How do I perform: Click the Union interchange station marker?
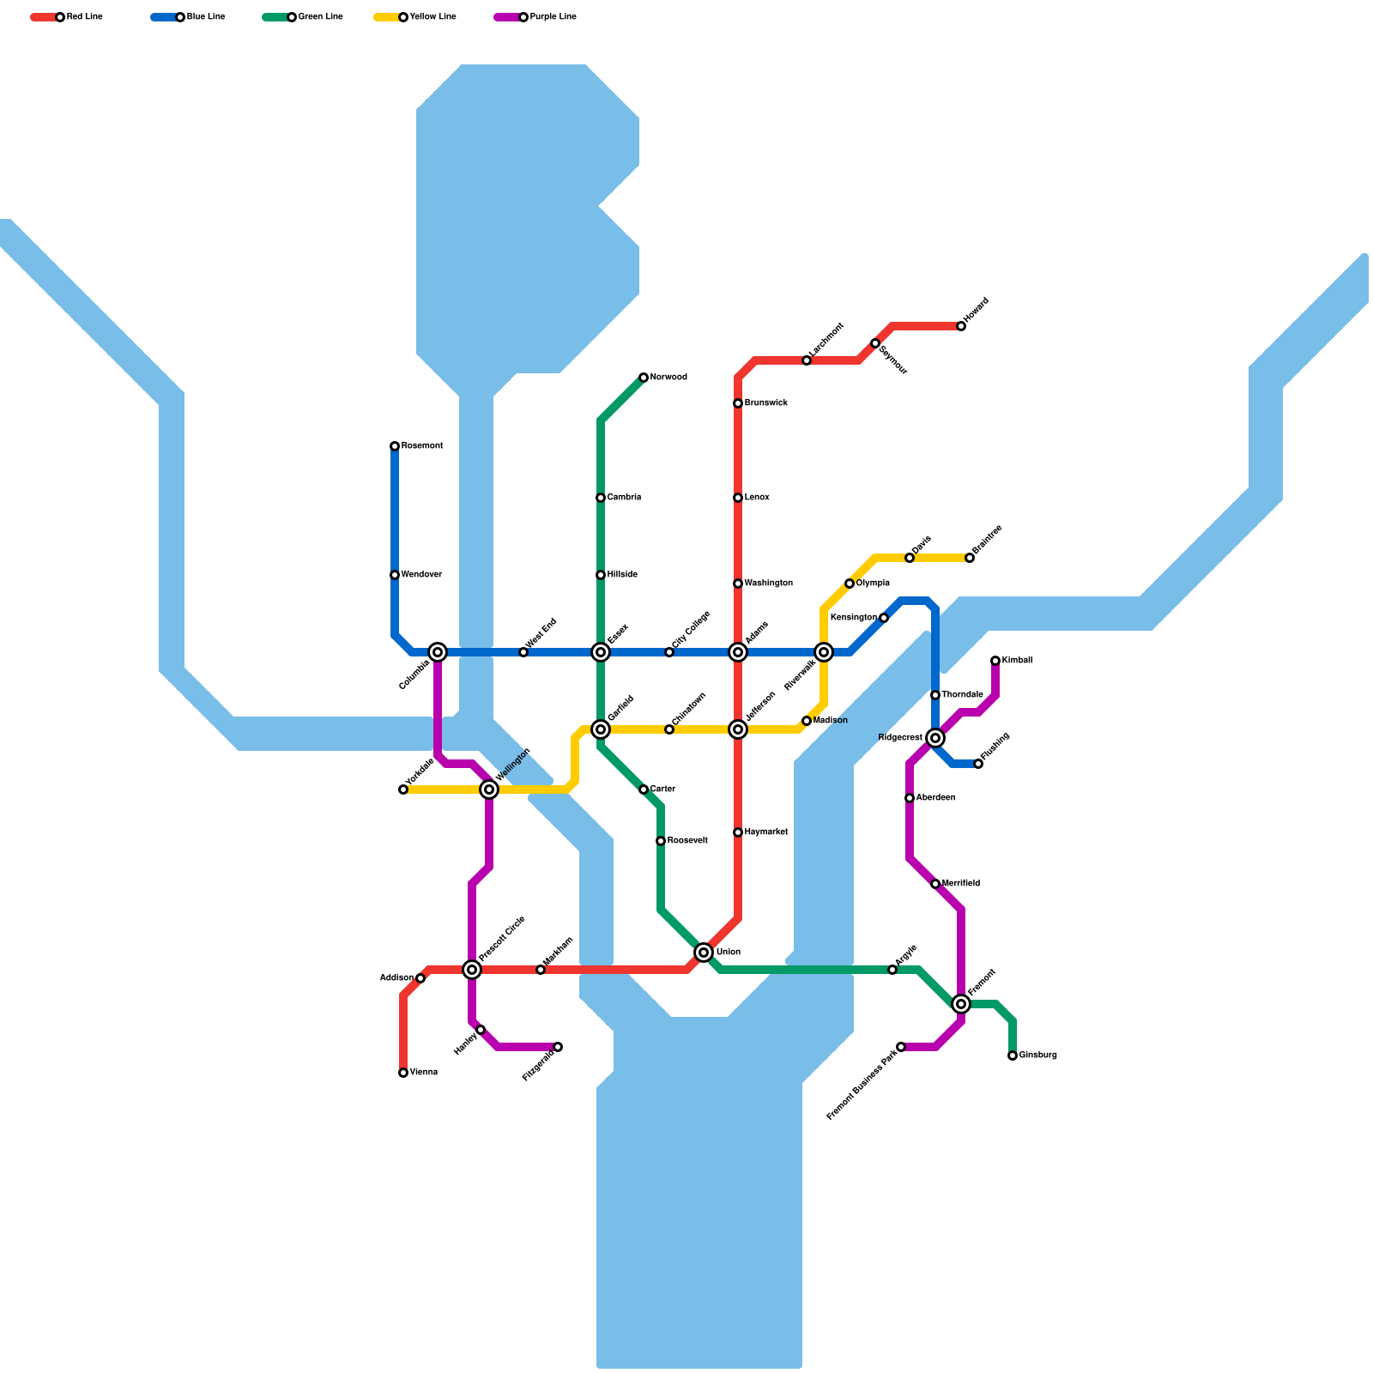[704, 953]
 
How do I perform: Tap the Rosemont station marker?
[395, 446]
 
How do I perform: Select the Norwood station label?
[668, 378]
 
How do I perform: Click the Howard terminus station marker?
[961, 326]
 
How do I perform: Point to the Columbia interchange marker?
[438, 652]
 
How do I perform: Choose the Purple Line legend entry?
[535, 17]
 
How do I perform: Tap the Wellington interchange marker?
[489, 789]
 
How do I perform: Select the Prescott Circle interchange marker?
[472, 970]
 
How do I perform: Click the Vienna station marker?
[403, 1073]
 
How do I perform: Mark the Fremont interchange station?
[961, 1004]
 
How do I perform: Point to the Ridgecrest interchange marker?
[936, 738]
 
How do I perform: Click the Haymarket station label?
[766, 832]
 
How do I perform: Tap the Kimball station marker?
[995, 661]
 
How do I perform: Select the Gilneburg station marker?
[1013, 1055]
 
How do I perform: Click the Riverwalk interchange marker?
[824, 652]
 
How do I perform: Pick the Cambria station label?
[624, 498]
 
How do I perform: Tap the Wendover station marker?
[395, 575]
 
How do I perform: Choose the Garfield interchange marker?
[601, 729]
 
